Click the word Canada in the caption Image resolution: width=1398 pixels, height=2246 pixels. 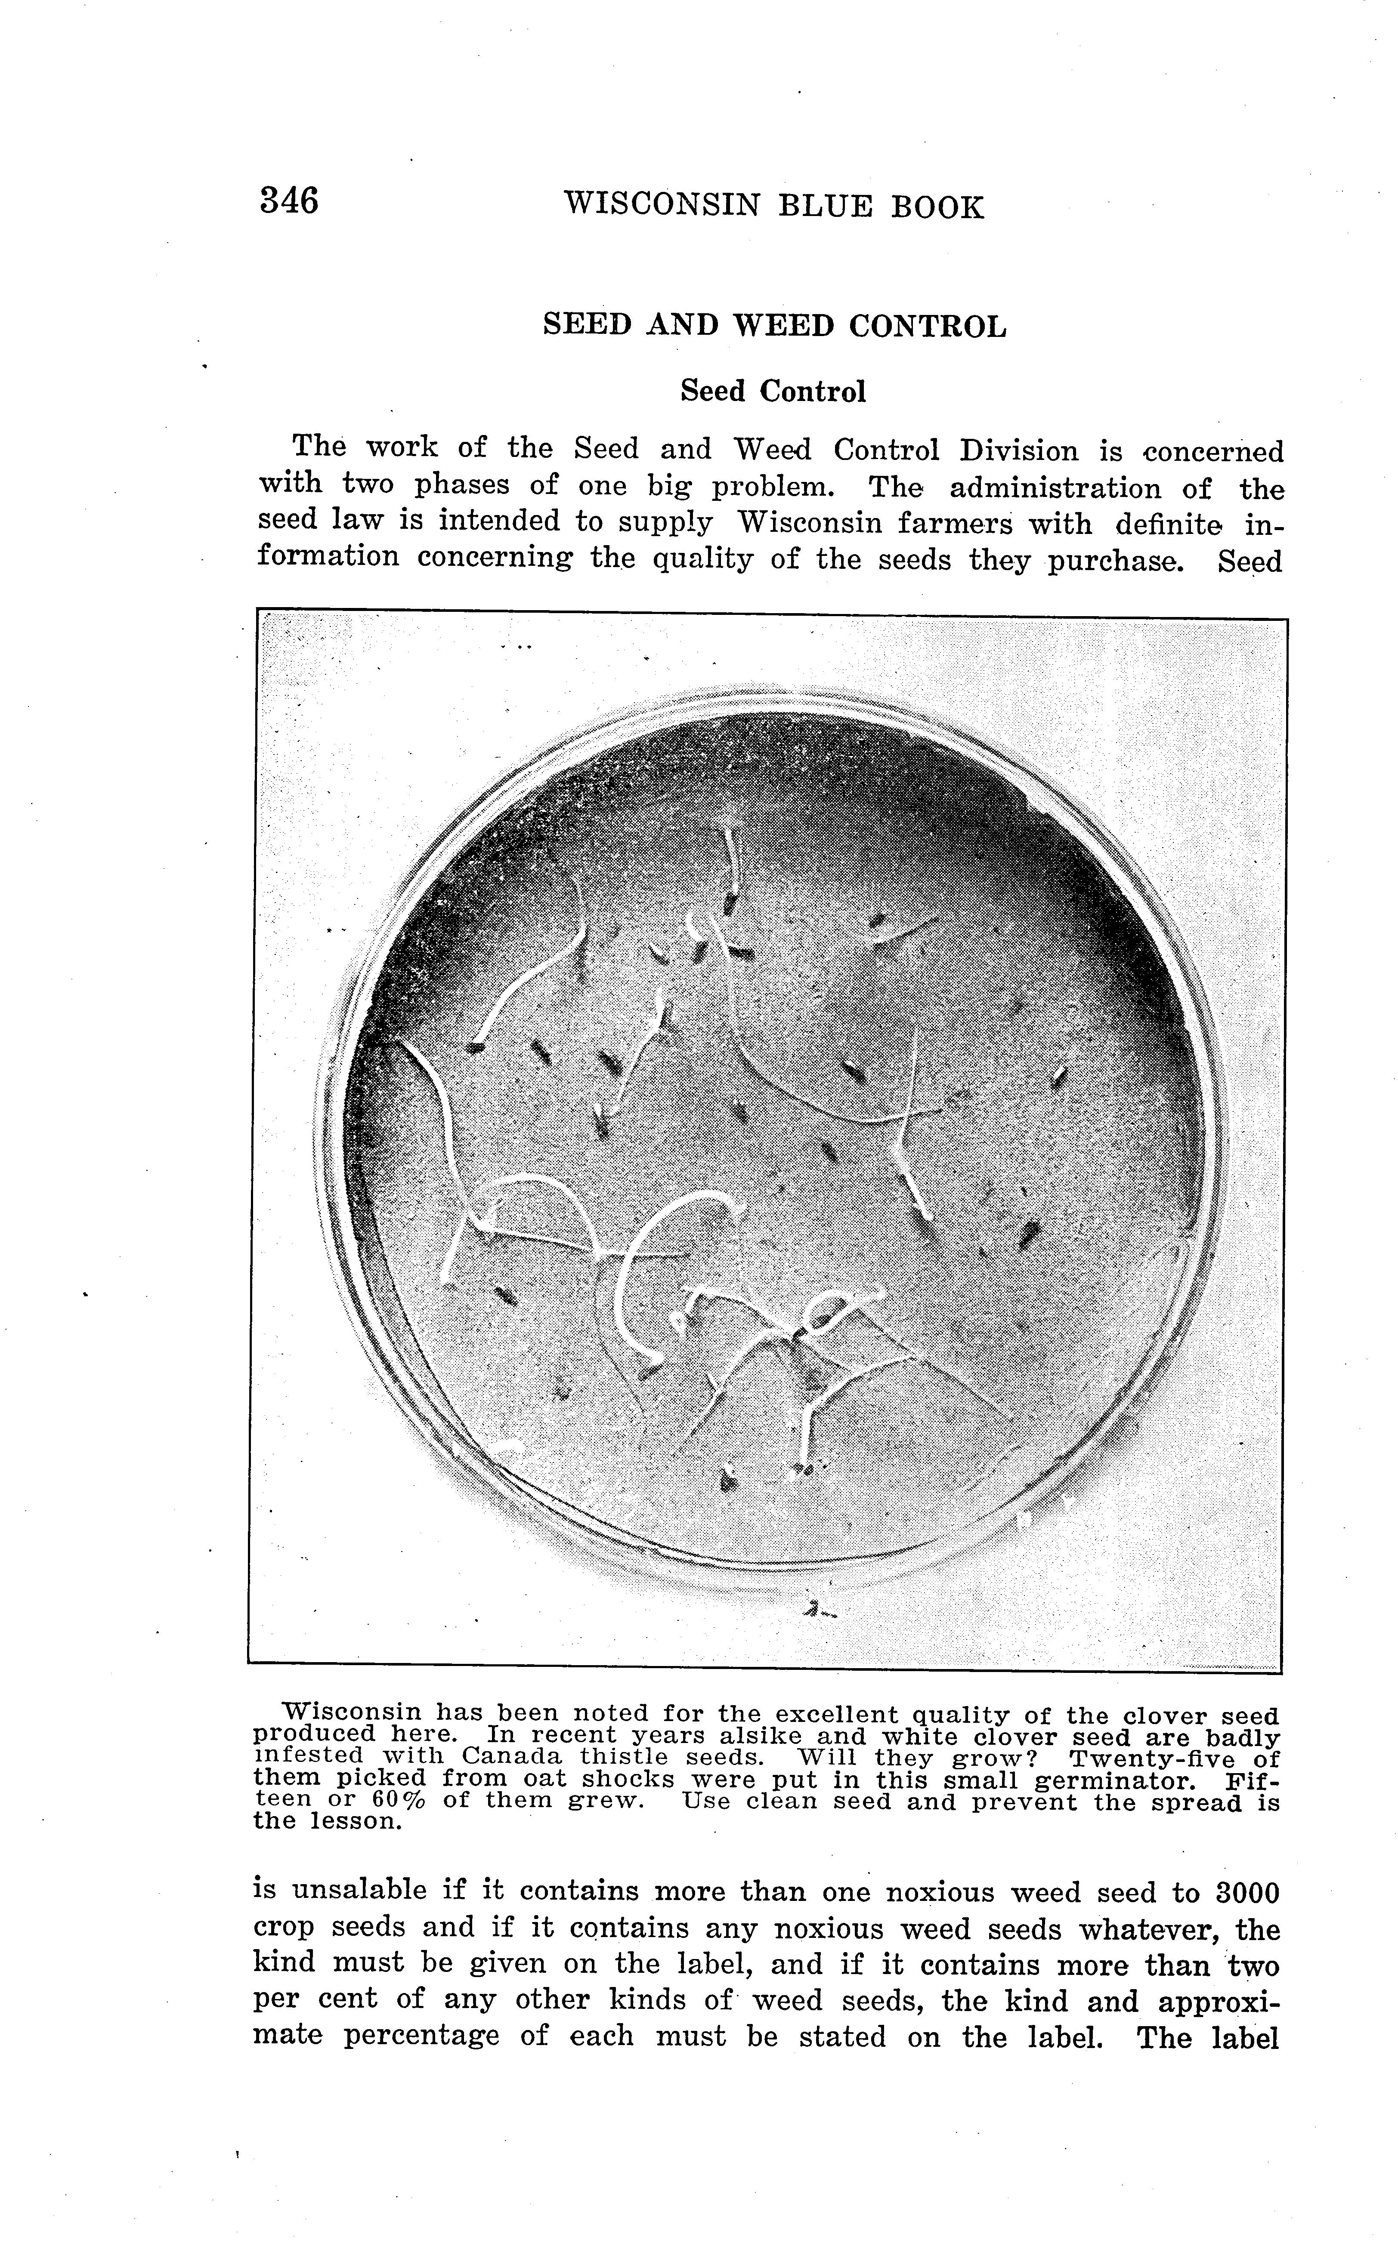point(512,1754)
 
